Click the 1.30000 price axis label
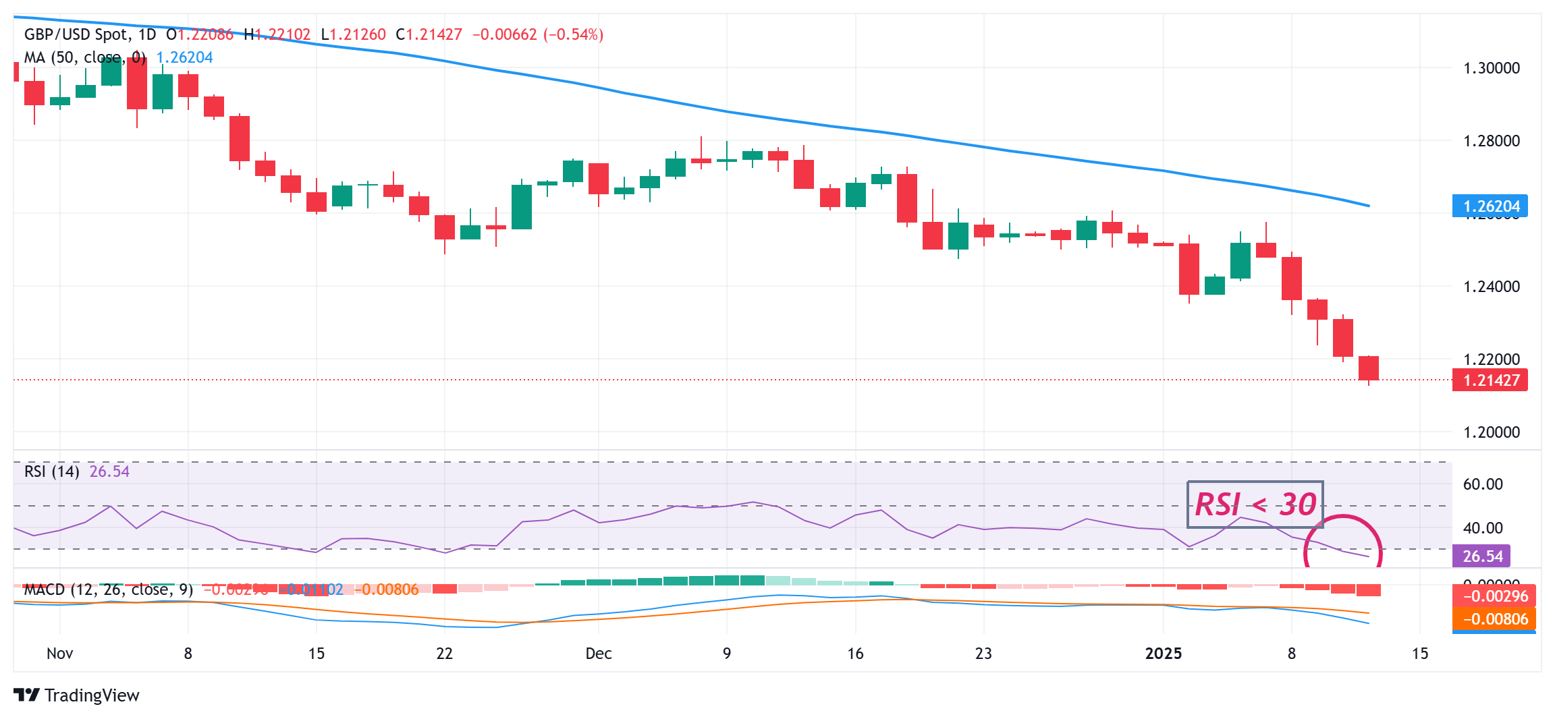coord(1491,68)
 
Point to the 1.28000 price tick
coord(1491,141)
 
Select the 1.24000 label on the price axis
coord(1491,287)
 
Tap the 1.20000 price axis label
coord(1491,432)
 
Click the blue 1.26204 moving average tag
coord(1490,206)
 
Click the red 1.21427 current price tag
coord(1490,380)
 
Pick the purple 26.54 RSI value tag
coord(1481,556)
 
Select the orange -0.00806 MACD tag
coord(1494,619)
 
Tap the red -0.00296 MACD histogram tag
coord(1494,596)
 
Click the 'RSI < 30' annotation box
coord(1255,505)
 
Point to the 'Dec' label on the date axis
coord(598,654)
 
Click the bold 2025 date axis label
coord(1164,654)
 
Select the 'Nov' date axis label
coord(59,654)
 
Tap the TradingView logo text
coord(91,695)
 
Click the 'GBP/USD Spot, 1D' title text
coord(90,34)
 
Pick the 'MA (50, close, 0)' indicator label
coord(85,58)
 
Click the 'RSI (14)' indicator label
coord(51,471)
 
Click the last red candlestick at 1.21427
coord(1369,368)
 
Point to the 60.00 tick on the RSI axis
coord(1482,484)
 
